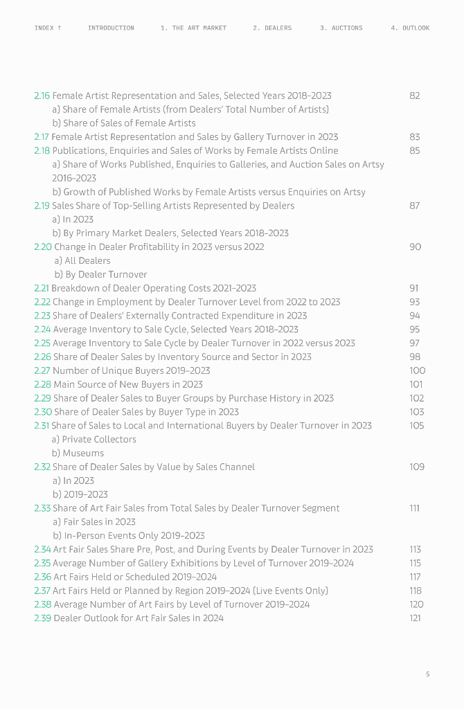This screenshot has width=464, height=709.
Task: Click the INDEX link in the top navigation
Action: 48,28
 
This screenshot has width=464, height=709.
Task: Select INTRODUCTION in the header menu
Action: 111,28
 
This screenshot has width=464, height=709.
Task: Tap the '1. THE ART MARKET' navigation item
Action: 193,28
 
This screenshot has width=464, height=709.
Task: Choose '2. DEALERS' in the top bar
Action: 272,28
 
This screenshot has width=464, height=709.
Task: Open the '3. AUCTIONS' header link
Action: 341,28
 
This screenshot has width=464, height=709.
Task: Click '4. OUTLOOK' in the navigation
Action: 410,28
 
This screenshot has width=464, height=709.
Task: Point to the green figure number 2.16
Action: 42,96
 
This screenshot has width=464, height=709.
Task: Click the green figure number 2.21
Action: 42,288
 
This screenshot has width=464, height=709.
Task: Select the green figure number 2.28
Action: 42,384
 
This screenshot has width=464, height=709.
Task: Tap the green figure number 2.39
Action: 42,618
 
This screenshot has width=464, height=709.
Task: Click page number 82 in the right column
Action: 414,96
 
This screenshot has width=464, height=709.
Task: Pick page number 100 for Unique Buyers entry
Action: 417,370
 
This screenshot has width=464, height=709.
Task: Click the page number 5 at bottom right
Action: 427,674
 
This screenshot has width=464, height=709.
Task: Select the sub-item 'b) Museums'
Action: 78,453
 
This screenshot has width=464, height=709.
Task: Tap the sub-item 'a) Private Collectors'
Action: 93,439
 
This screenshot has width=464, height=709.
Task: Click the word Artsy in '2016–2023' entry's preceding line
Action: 373,164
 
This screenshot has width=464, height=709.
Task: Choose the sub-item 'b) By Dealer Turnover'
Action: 100,274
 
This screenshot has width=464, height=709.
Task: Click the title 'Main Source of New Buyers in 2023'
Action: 128,384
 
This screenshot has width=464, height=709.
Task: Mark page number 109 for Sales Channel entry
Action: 417,467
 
